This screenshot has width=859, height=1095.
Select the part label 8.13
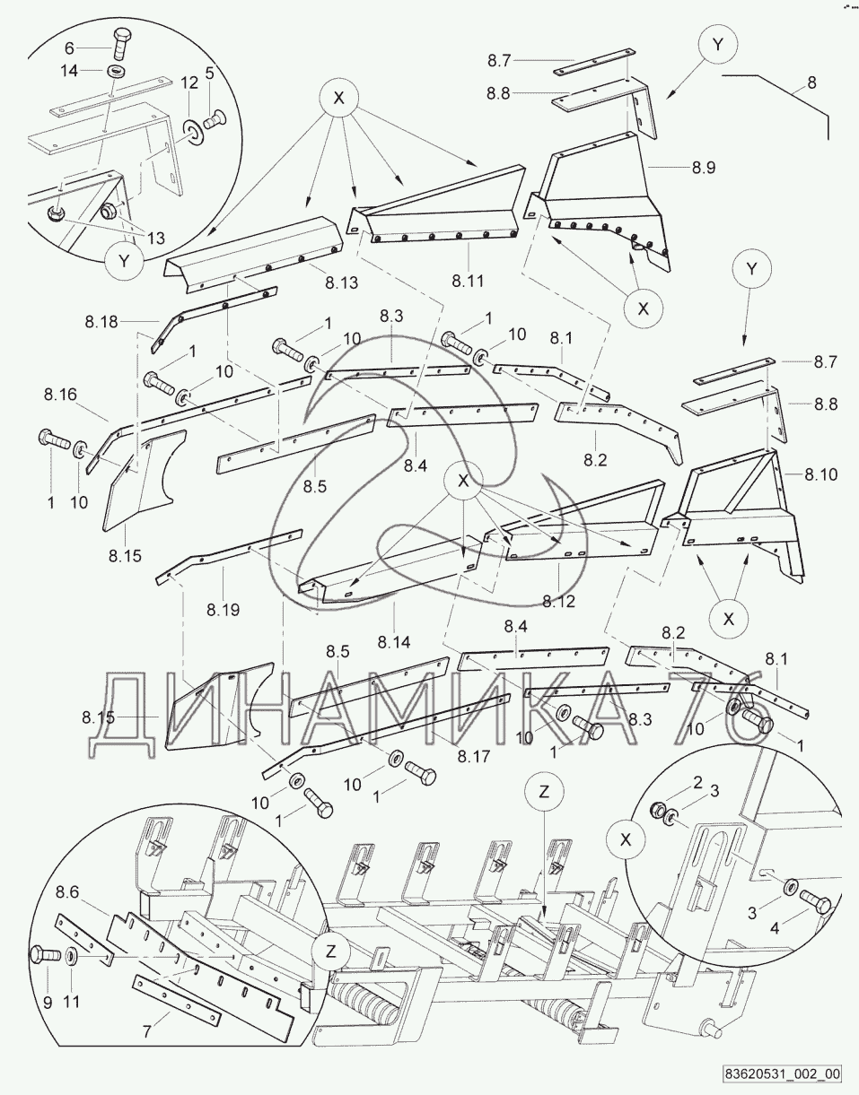pyautogui.click(x=342, y=283)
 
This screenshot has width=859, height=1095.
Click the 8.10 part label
pyautogui.click(x=820, y=474)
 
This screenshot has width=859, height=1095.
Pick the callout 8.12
pyautogui.click(x=557, y=601)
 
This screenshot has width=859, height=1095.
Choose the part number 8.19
pyautogui.click(x=223, y=610)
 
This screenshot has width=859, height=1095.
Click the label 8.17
pyautogui.click(x=473, y=756)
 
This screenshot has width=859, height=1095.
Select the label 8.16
pyautogui.click(x=60, y=393)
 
